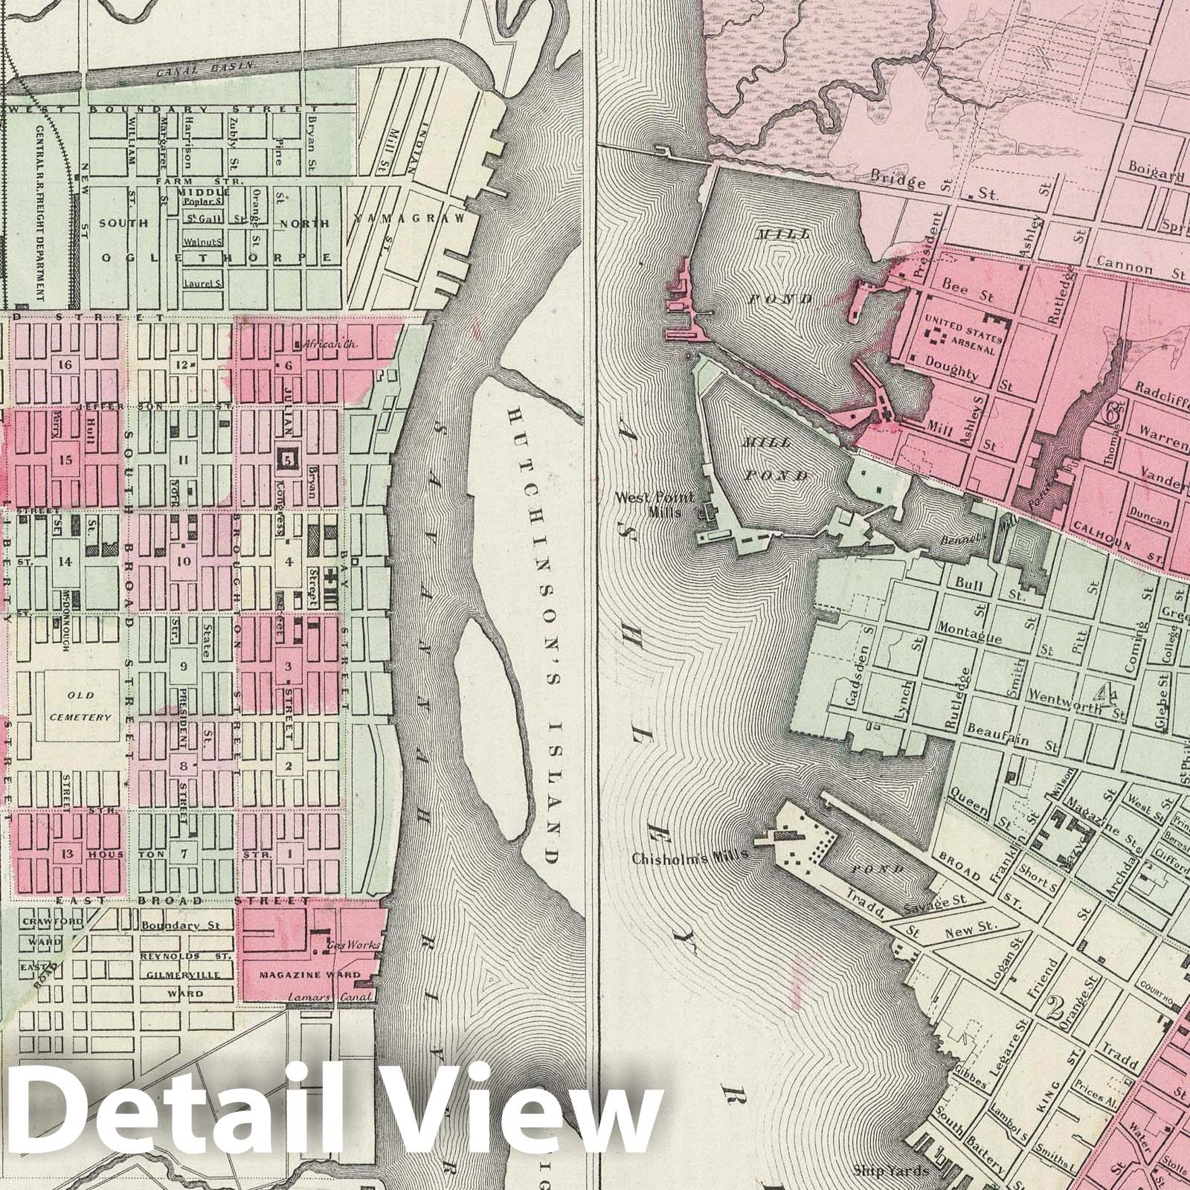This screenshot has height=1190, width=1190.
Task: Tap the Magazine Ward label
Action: click(x=309, y=974)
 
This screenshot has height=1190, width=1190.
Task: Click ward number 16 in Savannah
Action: click(x=65, y=364)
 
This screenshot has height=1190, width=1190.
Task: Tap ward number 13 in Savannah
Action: click(x=65, y=854)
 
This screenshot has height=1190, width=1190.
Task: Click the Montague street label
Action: click(x=951, y=628)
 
